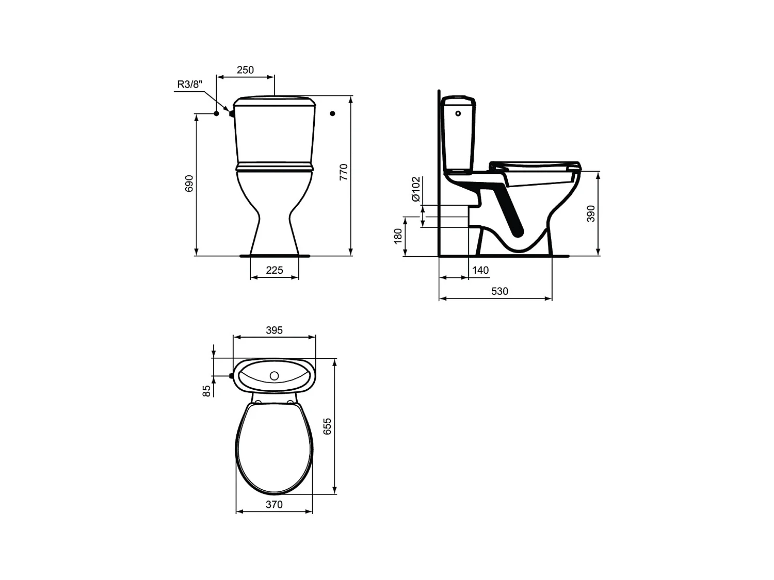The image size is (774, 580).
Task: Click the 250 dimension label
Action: [245, 70]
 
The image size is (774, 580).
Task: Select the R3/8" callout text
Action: [190, 84]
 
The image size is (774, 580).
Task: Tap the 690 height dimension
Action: [189, 184]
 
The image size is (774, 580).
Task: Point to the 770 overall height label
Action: [344, 172]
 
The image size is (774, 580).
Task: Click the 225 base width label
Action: [274, 270]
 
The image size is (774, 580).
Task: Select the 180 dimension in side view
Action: [398, 236]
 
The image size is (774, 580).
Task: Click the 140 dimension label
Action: [480, 270]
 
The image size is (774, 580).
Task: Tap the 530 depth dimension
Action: [499, 291]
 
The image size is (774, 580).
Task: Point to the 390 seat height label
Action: [591, 213]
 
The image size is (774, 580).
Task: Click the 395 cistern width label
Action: [274, 330]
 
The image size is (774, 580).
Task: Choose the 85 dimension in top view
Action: [207, 390]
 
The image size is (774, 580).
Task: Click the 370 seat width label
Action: [274, 505]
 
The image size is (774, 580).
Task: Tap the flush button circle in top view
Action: [275, 376]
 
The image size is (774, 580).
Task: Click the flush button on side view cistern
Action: [458, 113]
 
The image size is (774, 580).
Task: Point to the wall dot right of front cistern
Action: [333, 113]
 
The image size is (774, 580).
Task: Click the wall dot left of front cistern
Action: [217, 113]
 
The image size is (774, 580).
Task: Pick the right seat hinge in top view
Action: [291, 401]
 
